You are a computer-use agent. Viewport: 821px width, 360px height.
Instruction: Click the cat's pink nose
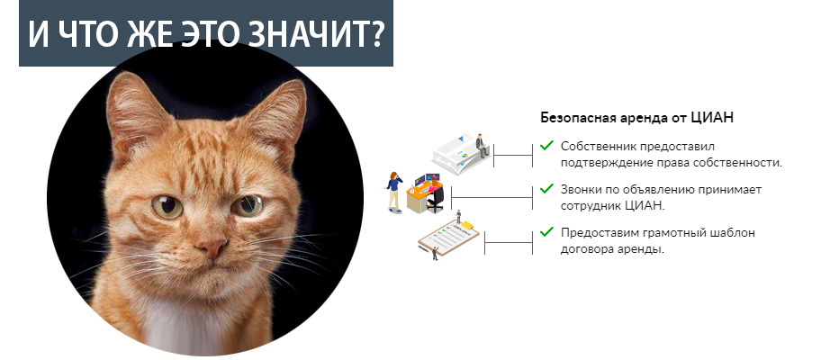pyautogui.click(x=213, y=247)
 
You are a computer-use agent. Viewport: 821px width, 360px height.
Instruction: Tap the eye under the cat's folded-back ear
pyautogui.click(x=248, y=205)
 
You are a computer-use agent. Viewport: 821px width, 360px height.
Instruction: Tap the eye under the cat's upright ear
pyautogui.click(x=167, y=207)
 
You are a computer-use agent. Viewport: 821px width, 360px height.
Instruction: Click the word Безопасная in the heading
pyautogui.click(x=573, y=118)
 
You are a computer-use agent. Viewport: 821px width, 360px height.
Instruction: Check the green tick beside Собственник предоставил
pyautogui.click(x=546, y=145)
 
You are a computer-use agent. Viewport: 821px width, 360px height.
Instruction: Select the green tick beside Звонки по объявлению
pyautogui.click(x=546, y=188)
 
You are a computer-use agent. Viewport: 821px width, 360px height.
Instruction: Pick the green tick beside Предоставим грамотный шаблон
pyautogui.click(x=546, y=231)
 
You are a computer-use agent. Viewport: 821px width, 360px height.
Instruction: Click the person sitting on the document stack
pyautogui.click(x=482, y=145)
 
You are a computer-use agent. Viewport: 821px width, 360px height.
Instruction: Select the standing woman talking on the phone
pyautogui.click(x=394, y=192)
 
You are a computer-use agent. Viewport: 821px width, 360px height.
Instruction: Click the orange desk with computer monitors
pyautogui.click(x=425, y=193)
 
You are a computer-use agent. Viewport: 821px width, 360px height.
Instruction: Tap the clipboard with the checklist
pyautogui.click(x=448, y=238)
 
